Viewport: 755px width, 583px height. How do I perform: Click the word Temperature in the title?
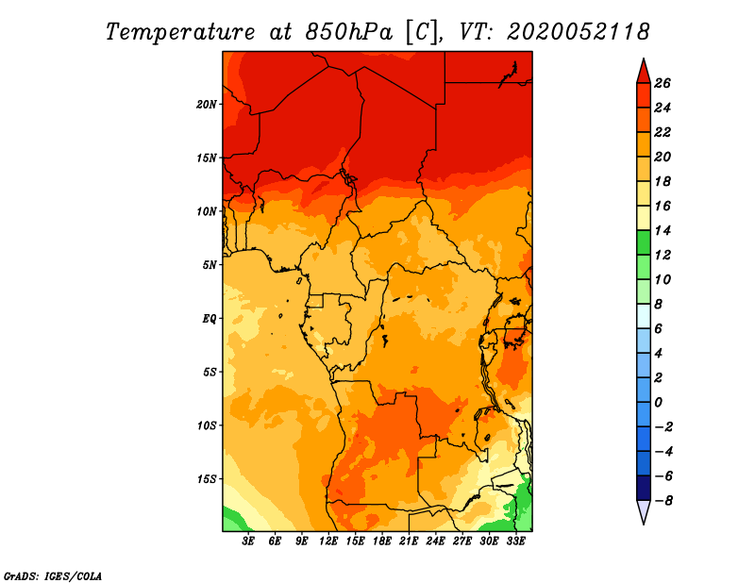[x=180, y=32]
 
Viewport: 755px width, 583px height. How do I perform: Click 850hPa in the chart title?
[x=349, y=32]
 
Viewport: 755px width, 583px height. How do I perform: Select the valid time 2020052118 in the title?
[x=579, y=32]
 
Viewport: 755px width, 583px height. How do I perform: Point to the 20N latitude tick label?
[x=207, y=104]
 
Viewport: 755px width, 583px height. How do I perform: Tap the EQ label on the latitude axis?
[x=209, y=319]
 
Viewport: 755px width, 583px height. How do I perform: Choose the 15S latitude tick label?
[x=207, y=479]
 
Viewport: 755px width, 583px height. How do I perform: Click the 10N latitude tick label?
[x=207, y=211]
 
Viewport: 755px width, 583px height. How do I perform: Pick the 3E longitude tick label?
[x=248, y=541]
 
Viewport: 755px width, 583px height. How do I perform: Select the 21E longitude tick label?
[x=409, y=541]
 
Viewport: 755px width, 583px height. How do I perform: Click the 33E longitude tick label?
[x=515, y=541]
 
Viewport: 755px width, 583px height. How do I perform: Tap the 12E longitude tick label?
[x=327, y=541]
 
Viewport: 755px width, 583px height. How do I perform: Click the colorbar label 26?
[x=663, y=83]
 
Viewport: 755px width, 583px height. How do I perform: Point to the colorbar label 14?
[x=663, y=230]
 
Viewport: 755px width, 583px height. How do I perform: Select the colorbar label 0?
[x=659, y=402]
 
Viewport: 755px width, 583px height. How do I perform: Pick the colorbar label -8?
[x=663, y=501]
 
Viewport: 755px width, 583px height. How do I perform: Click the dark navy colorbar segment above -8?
[x=644, y=488]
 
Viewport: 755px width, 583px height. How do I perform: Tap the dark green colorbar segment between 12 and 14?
[x=644, y=242]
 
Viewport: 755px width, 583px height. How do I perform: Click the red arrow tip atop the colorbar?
[x=644, y=59]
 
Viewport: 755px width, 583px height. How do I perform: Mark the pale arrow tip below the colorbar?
[x=644, y=524]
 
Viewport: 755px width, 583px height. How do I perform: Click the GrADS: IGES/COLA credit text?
[x=53, y=575]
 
